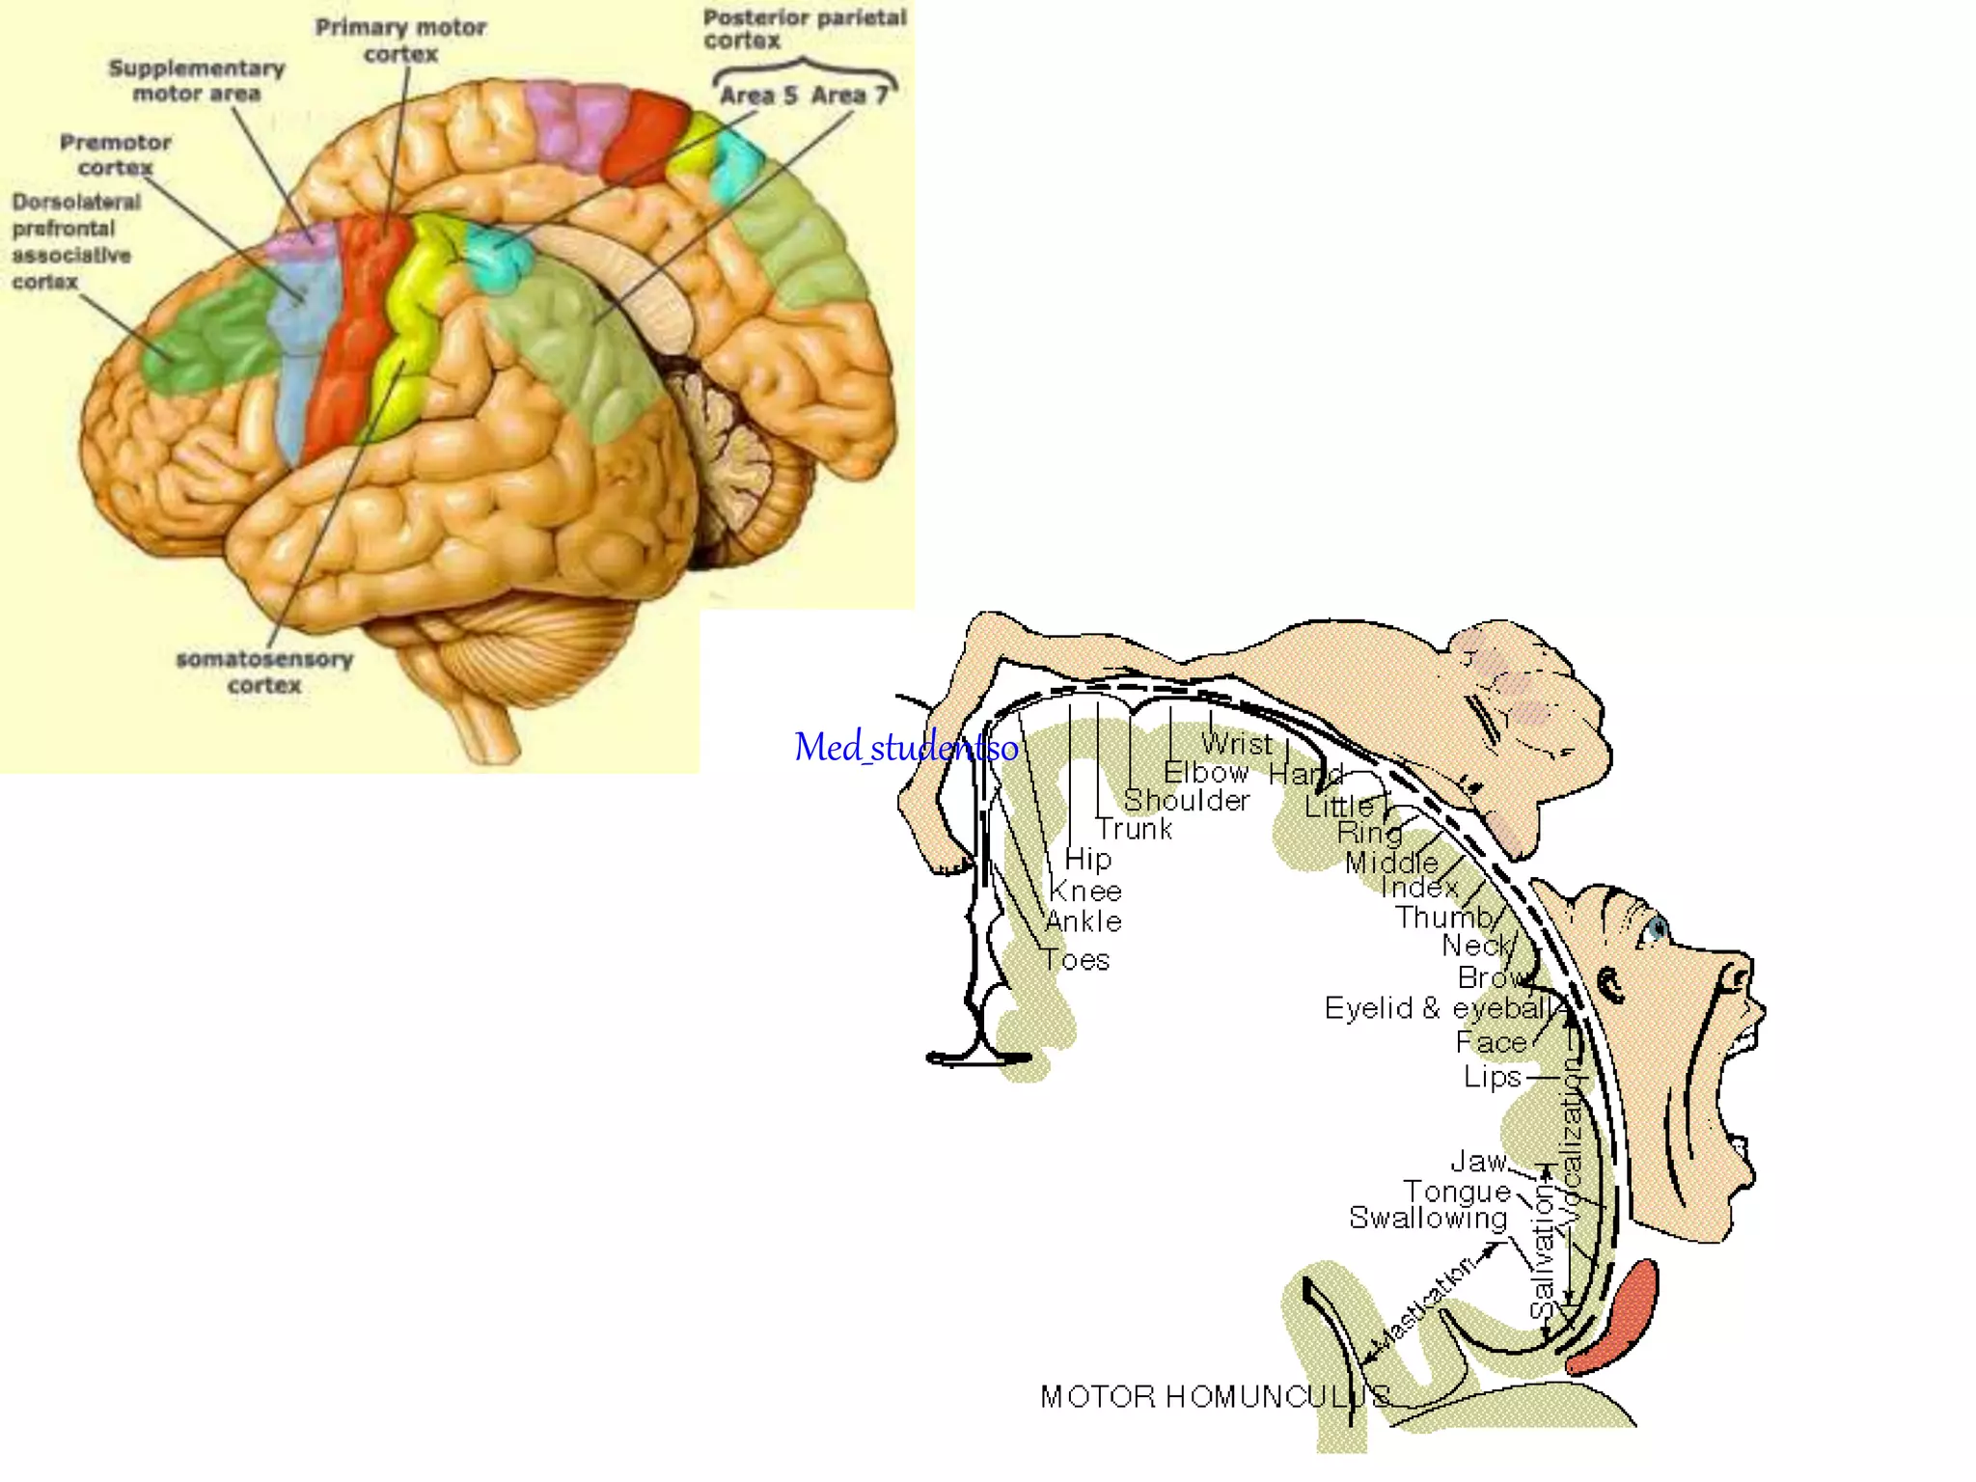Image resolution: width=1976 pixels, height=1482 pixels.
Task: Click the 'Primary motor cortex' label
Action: pyautogui.click(x=400, y=41)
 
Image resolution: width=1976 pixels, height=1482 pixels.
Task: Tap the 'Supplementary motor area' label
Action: pyautogui.click(x=197, y=81)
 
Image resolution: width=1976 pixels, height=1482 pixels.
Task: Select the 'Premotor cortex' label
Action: pyautogui.click(x=116, y=154)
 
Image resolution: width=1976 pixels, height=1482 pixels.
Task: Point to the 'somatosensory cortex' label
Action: pyautogui.click(x=264, y=672)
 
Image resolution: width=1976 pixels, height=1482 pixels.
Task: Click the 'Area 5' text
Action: pyautogui.click(x=758, y=96)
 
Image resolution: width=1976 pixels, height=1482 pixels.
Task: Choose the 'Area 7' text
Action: pyautogui.click(x=849, y=96)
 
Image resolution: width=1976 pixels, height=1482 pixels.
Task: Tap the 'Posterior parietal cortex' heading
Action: pyautogui.click(x=804, y=29)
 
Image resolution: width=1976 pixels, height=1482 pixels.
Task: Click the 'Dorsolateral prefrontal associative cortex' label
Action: pyautogui.click(x=74, y=241)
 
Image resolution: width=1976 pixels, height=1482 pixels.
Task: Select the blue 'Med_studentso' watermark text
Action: pyautogui.click(x=905, y=748)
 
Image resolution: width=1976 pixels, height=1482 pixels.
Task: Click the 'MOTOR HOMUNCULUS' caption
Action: pyautogui.click(x=1215, y=1396)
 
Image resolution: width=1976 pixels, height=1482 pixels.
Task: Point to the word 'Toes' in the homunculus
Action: pyautogui.click(x=1076, y=960)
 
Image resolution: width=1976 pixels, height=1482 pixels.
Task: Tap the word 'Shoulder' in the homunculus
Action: pyautogui.click(x=1186, y=801)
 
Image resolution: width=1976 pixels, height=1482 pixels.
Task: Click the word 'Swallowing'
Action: pyautogui.click(x=1428, y=1218)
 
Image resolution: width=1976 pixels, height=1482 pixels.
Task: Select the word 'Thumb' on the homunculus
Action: pyautogui.click(x=1443, y=917)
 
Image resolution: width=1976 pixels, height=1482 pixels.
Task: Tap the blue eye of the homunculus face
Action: pyautogui.click(x=1658, y=929)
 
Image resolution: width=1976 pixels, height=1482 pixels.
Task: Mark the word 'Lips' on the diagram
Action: pyautogui.click(x=1492, y=1077)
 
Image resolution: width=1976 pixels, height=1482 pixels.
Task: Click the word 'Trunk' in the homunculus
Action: pyautogui.click(x=1135, y=829)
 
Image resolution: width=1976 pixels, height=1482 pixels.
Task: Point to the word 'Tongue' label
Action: pyautogui.click(x=1456, y=1192)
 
